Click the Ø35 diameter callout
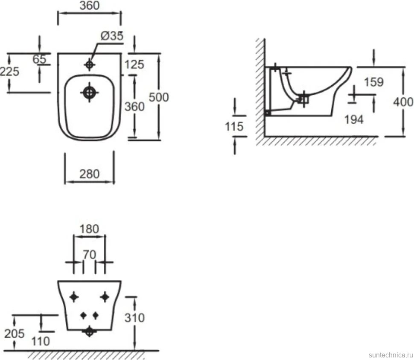pyautogui.click(x=112, y=36)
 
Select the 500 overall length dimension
pyautogui.click(x=158, y=97)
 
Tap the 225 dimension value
pyautogui.click(x=9, y=72)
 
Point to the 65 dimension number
pyautogui.click(x=39, y=59)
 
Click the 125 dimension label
pyautogui.click(x=134, y=65)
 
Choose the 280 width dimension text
pyautogui.click(x=90, y=174)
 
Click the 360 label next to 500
pyautogui.click(x=134, y=107)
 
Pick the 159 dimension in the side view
pyautogui.click(x=373, y=82)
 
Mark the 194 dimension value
pyautogui.click(x=354, y=119)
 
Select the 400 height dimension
pyautogui.click(x=403, y=102)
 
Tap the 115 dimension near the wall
pyautogui.click(x=234, y=126)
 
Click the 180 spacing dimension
pyautogui.click(x=89, y=229)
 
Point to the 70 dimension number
pyautogui.click(x=89, y=255)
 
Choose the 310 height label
pyautogui.click(x=134, y=318)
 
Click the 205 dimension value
pyautogui.click(x=14, y=334)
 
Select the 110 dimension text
pyautogui.click(x=41, y=341)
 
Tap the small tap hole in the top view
pyautogui.click(x=90, y=64)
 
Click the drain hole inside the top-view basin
pyautogui.click(x=89, y=93)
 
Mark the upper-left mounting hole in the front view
pyautogui.click(x=74, y=297)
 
